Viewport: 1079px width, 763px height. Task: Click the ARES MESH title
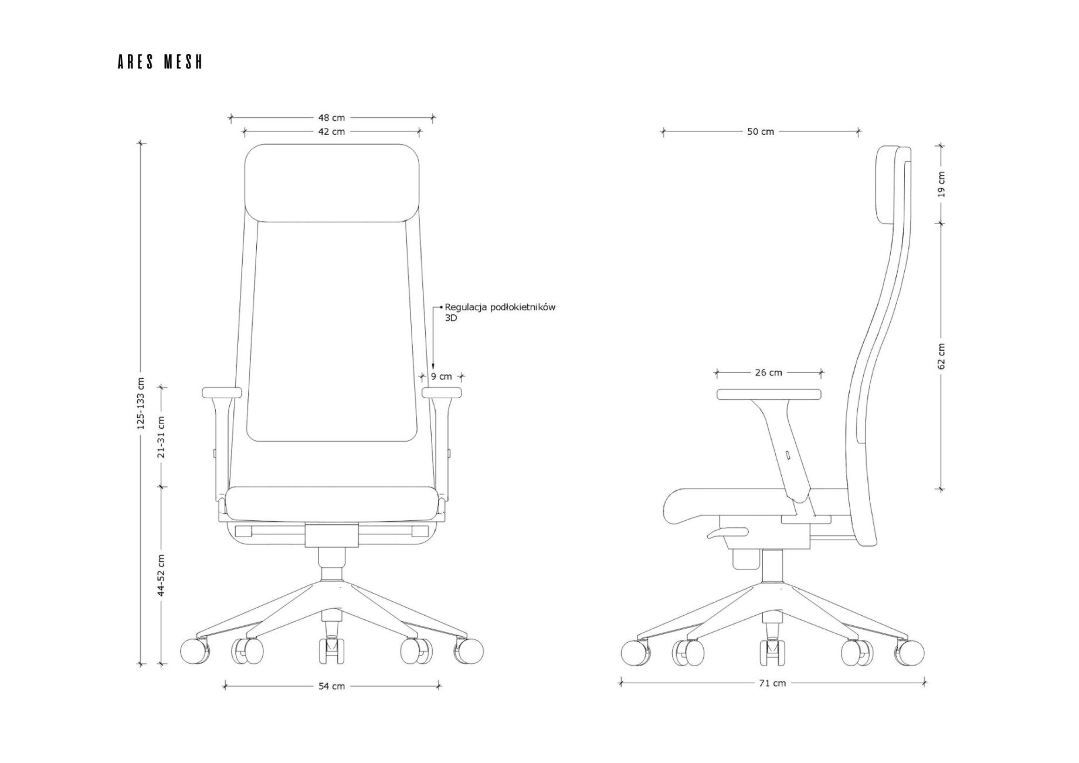point(160,62)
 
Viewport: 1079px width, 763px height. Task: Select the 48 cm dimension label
point(331,118)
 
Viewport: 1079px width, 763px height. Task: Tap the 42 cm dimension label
point(331,132)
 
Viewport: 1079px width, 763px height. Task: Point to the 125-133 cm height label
point(141,403)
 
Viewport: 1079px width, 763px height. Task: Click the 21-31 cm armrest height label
point(161,437)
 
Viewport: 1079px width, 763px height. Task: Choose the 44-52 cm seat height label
point(161,575)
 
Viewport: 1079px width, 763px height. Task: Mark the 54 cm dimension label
point(331,686)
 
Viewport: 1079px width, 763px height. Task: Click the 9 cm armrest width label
point(442,377)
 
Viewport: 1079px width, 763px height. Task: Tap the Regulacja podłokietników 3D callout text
point(500,312)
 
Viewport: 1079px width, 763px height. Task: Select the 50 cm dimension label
point(761,132)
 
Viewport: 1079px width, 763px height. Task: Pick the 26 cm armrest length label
point(769,372)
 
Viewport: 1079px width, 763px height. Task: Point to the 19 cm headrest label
point(942,184)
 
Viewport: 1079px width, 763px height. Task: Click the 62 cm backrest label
point(942,356)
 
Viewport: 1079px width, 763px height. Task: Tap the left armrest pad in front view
point(222,393)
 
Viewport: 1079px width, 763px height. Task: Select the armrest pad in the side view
point(769,394)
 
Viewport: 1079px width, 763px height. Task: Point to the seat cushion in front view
point(332,503)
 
